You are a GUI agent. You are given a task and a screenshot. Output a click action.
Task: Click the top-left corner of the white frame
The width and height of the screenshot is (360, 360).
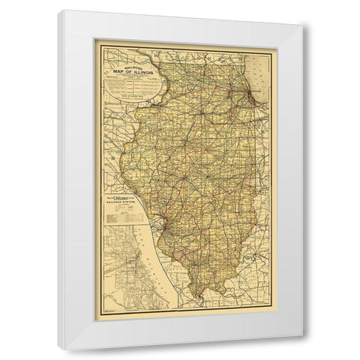pyautogui.click(x=63, y=10)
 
